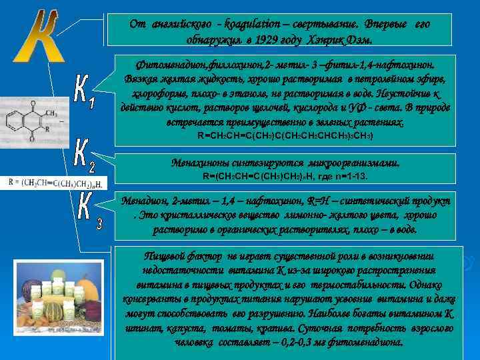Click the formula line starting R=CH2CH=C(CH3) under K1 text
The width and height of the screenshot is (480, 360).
(x=285, y=135)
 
